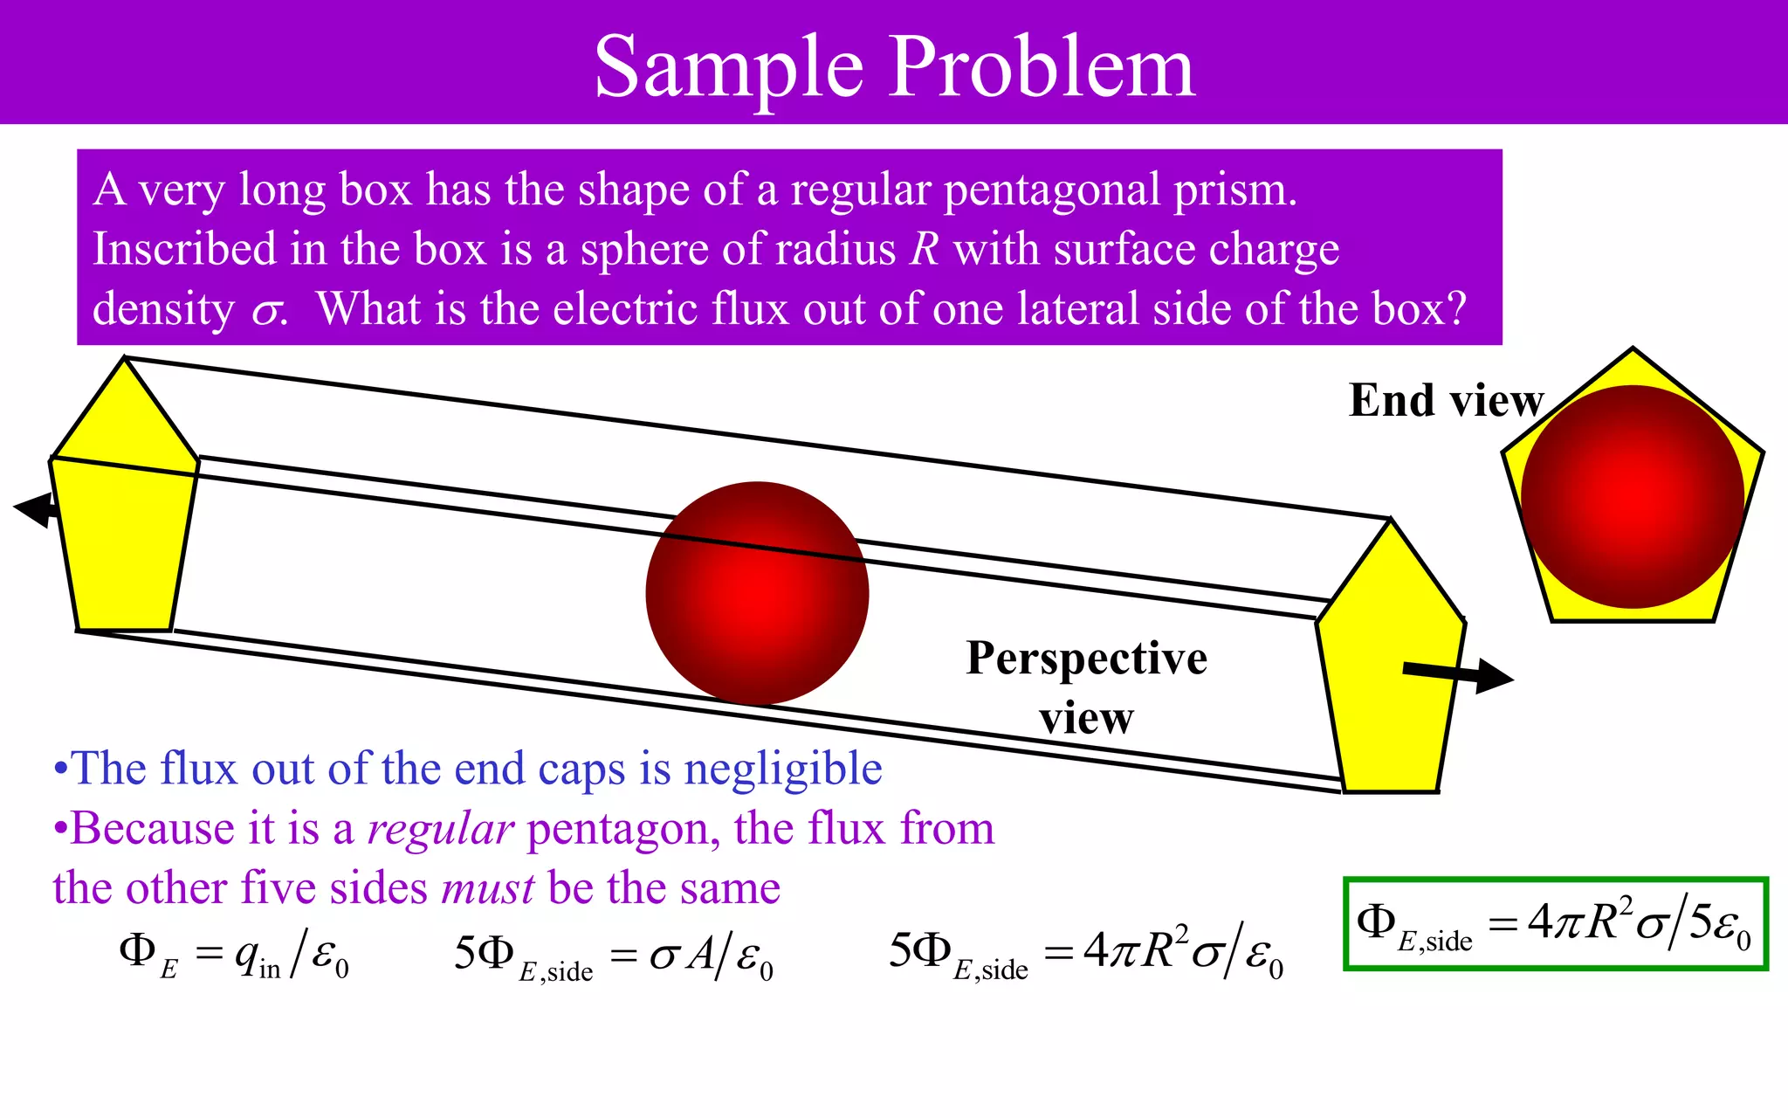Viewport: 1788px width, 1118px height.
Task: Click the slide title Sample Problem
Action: pos(894,66)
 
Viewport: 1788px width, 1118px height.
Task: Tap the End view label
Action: pos(1445,401)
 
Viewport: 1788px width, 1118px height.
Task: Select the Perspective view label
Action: pos(1086,687)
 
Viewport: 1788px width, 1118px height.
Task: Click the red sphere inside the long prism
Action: pos(757,593)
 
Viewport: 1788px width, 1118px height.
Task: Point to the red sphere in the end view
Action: pos(1632,497)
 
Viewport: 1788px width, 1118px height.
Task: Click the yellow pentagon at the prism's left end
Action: pos(123,524)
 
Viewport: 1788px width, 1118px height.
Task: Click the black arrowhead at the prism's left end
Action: pos(33,508)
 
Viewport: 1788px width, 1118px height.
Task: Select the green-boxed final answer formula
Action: pos(1555,924)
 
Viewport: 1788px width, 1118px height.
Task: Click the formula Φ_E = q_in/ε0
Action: pos(234,955)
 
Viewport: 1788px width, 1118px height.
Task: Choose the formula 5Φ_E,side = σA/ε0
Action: pos(613,955)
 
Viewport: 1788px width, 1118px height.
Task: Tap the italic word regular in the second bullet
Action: pos(440,829)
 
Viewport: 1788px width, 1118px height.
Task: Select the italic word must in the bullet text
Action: pos(488,889)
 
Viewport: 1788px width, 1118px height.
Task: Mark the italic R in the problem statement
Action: pos(924,250)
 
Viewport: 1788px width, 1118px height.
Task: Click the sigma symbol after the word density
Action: pos(266,312)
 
